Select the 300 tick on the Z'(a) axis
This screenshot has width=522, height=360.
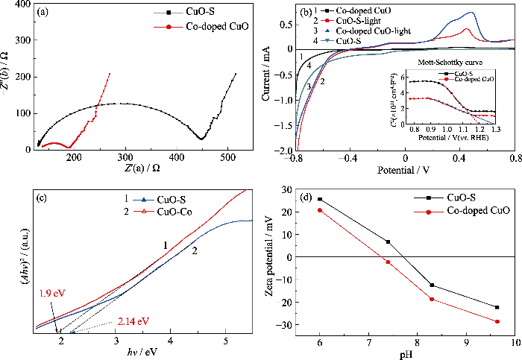coord(220,157)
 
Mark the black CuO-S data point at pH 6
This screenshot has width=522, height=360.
coord(320,199)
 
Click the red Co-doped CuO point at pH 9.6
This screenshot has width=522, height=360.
coord(497,321)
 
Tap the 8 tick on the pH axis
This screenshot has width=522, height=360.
coord(418,343)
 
